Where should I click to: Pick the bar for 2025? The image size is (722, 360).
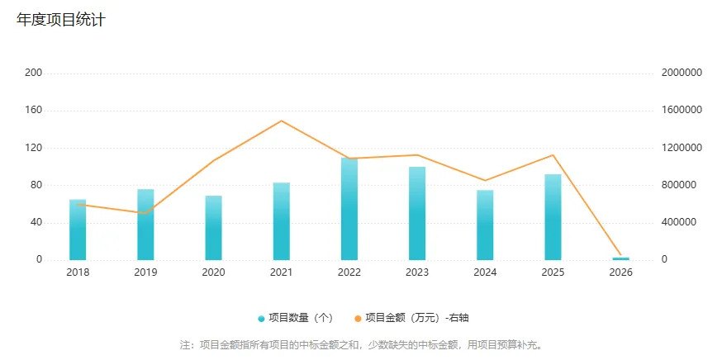tap(553, 216)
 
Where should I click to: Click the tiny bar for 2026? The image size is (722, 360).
tap(620, 258)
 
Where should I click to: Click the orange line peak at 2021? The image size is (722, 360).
tap(282, 121)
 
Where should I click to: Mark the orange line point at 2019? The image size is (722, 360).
tap(145, 213)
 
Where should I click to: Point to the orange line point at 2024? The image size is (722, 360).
tap(485, 180)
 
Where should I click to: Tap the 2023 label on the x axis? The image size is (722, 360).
tap(417, 272)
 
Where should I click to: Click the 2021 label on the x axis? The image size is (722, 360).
tap(282, 272)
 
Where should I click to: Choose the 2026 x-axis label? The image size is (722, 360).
tap(620, 272)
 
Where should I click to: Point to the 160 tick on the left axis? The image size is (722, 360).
tap(34, 110)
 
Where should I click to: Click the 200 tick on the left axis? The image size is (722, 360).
tap(34, 73)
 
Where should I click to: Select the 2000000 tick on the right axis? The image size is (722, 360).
tap(682, 73)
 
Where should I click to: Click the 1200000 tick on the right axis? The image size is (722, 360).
tap(682, 148)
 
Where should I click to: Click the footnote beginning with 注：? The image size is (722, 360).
tap(362, 344)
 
